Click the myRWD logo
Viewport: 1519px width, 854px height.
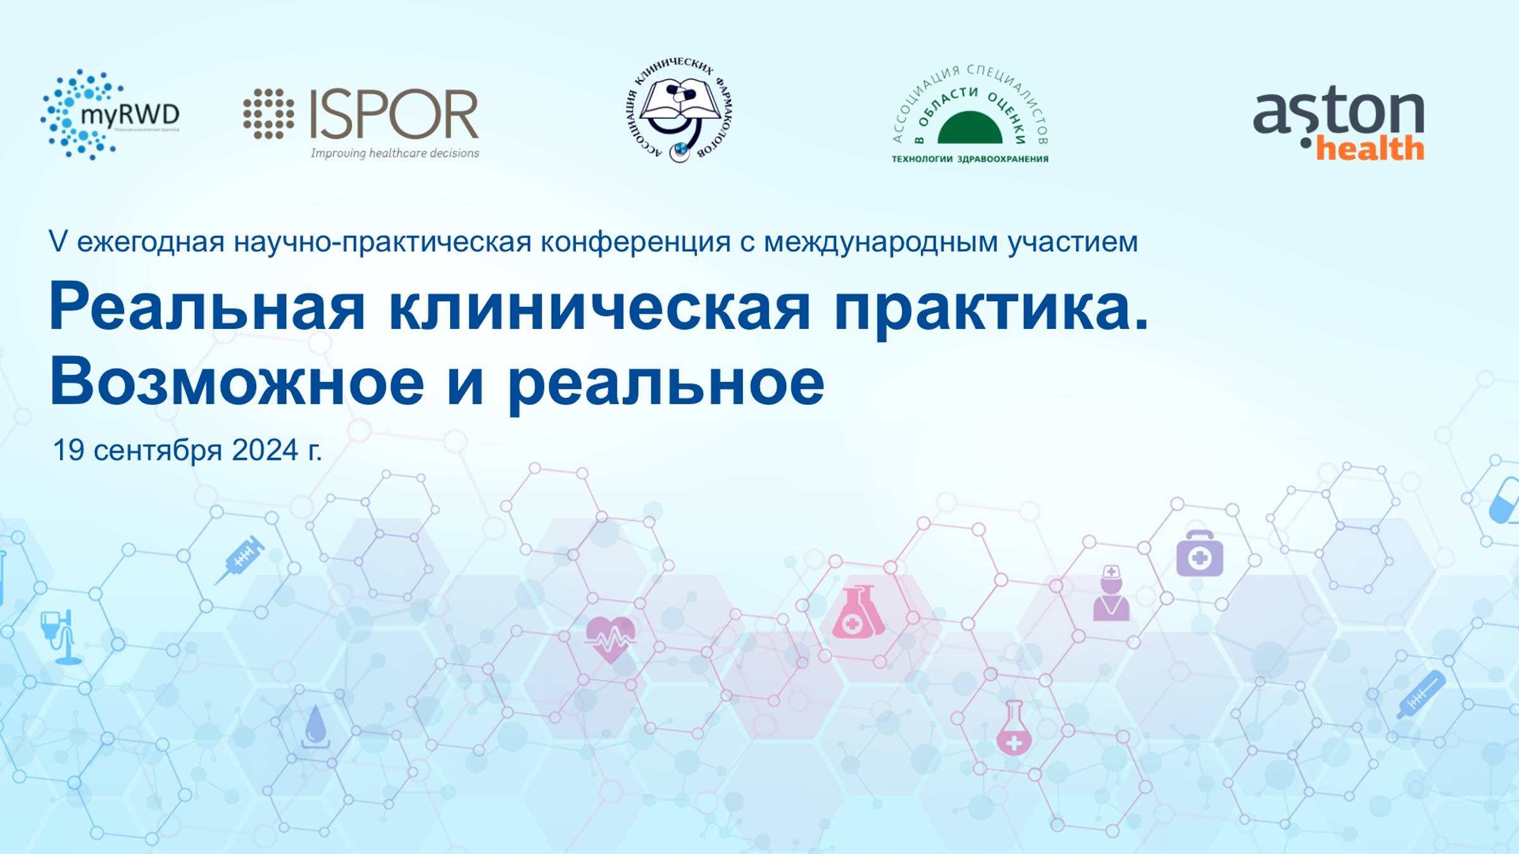[109, 114]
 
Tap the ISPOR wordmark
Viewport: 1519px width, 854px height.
[394, 114]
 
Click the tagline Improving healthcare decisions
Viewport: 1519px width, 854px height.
[394, 153]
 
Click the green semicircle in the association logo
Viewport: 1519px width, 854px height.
[970, 128]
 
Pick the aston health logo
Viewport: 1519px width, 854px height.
[1339, 123]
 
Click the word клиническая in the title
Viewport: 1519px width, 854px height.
[599, 307]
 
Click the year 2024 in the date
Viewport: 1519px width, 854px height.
[265, 450]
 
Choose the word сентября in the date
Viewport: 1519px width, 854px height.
[158, 451]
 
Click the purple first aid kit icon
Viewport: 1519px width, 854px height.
[1199, 554]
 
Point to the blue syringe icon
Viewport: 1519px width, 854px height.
[241, 559]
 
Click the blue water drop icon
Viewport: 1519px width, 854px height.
[315, 726]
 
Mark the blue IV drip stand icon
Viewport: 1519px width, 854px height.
[61, 636]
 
